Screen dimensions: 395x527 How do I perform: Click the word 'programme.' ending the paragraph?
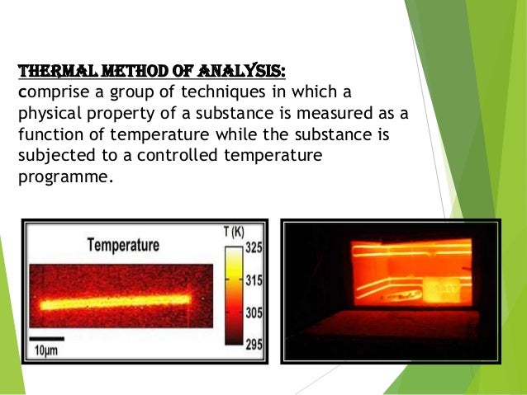[63, 175]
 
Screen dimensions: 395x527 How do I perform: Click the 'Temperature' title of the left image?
[124, 245]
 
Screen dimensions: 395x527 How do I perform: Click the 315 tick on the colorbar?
[254, 281]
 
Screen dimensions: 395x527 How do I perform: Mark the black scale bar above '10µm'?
[47, 338]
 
